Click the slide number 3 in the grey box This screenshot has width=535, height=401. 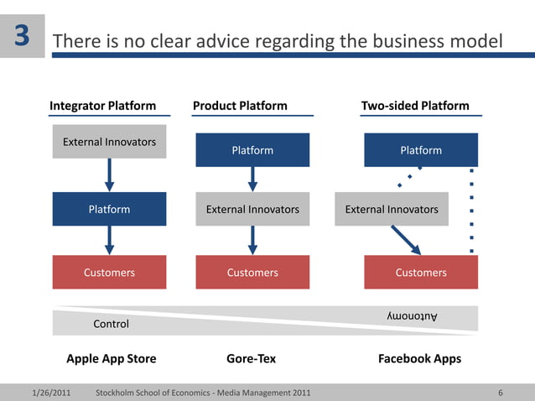click(23, 36)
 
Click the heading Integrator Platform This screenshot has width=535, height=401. click(102, 106)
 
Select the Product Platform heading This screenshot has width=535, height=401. click(240, 106)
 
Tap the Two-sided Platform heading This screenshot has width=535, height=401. click(415, 106)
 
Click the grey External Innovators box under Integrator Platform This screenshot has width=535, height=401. click(109, 142)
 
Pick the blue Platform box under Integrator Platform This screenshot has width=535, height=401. click(109, 209)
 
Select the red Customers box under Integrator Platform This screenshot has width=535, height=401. click(109, 273)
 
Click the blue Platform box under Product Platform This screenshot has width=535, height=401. click(252, 150)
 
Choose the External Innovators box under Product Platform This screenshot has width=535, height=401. click(252, 209)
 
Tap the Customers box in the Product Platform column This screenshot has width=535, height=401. click(252, 273)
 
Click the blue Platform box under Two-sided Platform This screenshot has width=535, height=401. click(421, 150)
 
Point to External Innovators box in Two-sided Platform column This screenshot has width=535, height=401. click(392, 209)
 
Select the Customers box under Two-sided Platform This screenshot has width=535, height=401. click(421, 273)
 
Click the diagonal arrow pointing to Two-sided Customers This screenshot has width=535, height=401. click(407, 239)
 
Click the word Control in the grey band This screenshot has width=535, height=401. click(111, 324)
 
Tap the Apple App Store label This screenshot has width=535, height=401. click(112, 359)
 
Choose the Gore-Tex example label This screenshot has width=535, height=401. click(251, 359)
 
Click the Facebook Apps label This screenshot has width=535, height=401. click(419, 359)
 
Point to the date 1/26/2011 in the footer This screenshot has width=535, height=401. click(50, 393)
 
